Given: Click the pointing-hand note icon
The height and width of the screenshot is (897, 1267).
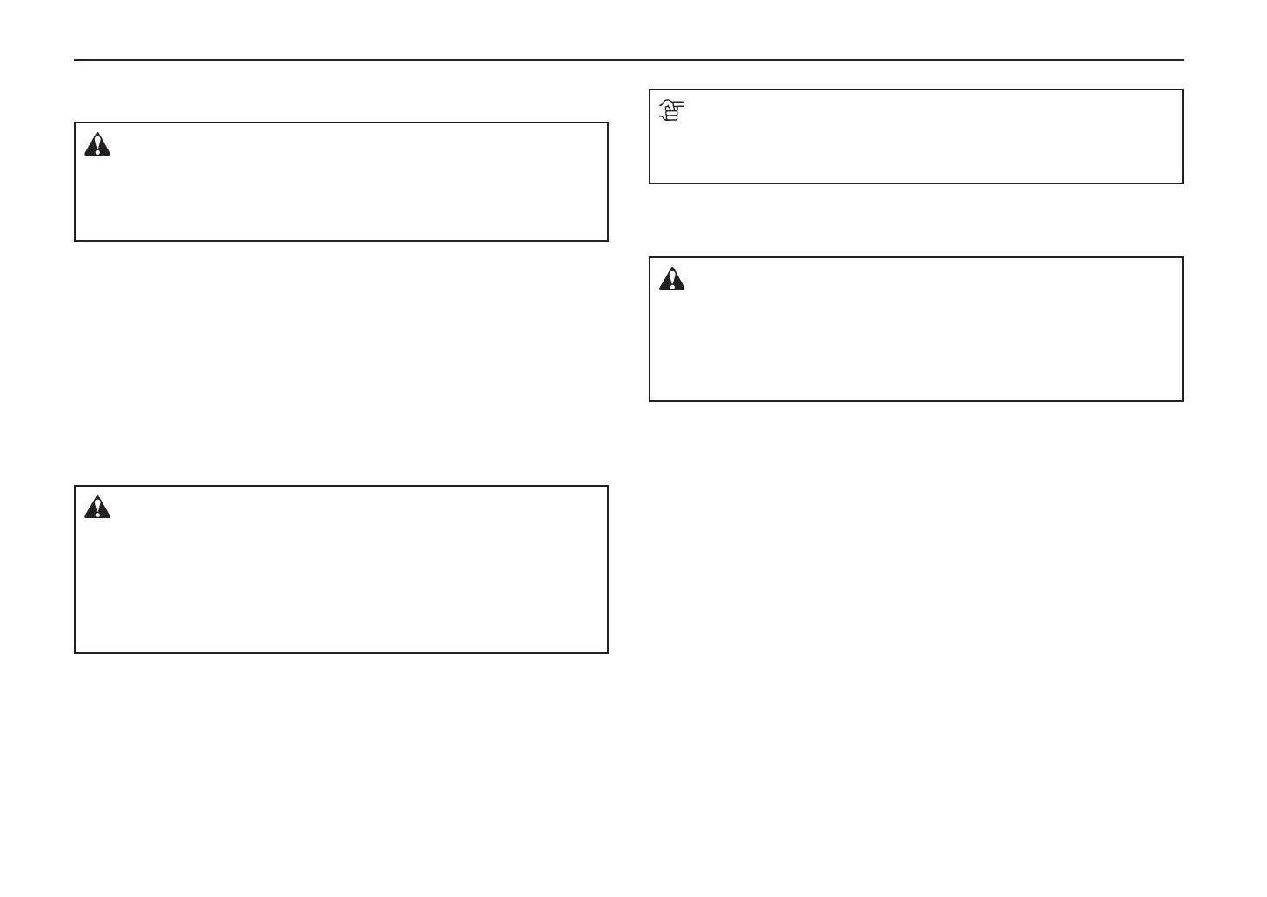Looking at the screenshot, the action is (x=671, y=110).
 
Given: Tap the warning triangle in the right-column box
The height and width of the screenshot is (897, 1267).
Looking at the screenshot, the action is (x=671, y=279).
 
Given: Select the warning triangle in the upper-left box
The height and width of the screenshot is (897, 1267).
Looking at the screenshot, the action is (x=97, y=144).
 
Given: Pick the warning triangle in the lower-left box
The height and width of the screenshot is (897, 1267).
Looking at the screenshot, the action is (x=97, y=507).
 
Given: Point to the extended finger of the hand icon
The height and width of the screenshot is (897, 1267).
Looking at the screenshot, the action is (x=679, y=104).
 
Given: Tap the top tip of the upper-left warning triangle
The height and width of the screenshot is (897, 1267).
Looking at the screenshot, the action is (x=97, y=134).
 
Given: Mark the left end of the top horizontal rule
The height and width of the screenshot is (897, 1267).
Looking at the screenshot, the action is (x=75, y=60).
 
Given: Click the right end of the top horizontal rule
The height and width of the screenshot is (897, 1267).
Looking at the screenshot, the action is (x=1183, y=60).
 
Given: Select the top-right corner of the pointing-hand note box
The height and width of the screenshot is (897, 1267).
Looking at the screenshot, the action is (x=1183, y=90).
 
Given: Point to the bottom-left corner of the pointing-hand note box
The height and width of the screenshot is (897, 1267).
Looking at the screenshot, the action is (x=650, y=183).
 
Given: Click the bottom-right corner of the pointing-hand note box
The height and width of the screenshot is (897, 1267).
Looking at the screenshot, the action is (x=1183, y=183).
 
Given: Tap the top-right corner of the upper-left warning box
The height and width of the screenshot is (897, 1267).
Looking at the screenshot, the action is (x=607, y=123).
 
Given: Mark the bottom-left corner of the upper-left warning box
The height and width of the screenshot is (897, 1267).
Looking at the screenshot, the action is (x=75, y=240).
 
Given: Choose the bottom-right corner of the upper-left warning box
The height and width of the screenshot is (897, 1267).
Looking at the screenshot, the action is (x=607, y=240).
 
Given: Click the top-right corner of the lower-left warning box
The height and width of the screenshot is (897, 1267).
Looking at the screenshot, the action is (x=607, y=486).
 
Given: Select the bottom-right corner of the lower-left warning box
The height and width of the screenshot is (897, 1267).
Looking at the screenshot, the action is (x=607, y=652).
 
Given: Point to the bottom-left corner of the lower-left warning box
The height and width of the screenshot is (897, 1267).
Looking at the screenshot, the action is (x=75, y=652).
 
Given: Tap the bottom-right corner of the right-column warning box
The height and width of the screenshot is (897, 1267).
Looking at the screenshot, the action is (x=1183, y=400).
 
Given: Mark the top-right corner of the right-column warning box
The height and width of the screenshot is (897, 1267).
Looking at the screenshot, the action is (x=1183, y=257).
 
